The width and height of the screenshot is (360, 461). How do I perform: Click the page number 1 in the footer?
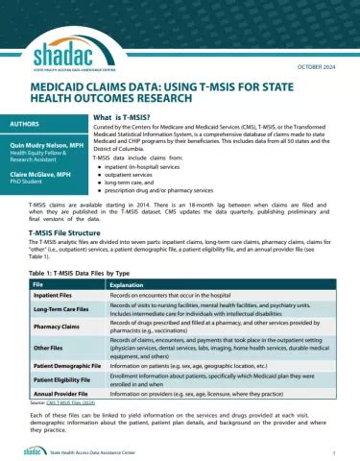point(331,449)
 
